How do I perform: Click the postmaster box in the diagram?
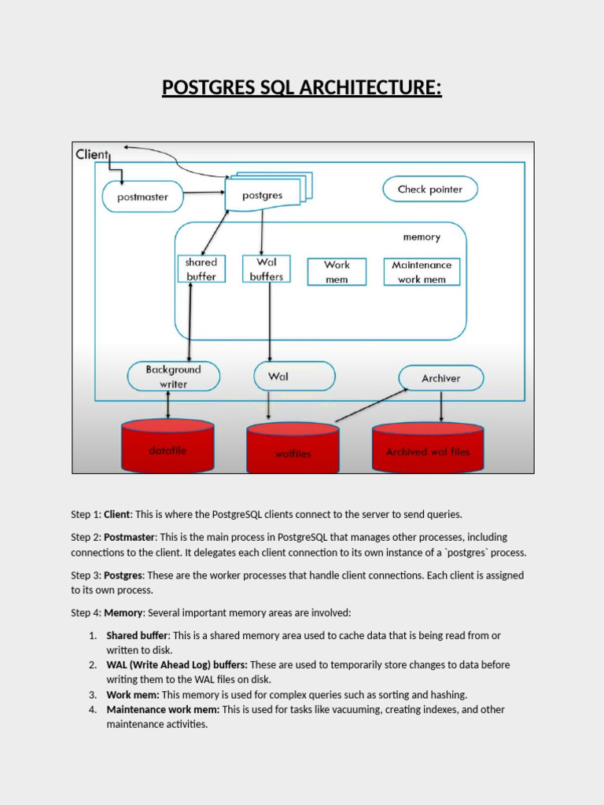[x=142, y=197]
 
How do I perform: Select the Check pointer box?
[x=429, y=189]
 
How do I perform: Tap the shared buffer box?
[x=201, y=269]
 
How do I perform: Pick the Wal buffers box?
[x=267, y=269]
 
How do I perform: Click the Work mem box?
[x=337, y=272]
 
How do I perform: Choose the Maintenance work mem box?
[x=422, y=272]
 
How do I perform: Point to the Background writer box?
[x=174, y=377]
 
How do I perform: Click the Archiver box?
[x=440, y=378]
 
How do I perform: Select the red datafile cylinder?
[x=168, y=446]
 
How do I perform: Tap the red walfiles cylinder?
[x=293, y=449]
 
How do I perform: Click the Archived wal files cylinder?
[x=428, y=447]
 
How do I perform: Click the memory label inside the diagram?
[x=422, y=237]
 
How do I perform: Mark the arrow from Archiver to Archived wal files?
[x=441, y=406]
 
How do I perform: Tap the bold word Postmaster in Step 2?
[x=131, y=537]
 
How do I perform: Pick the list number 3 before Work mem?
[x=92, y=695]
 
